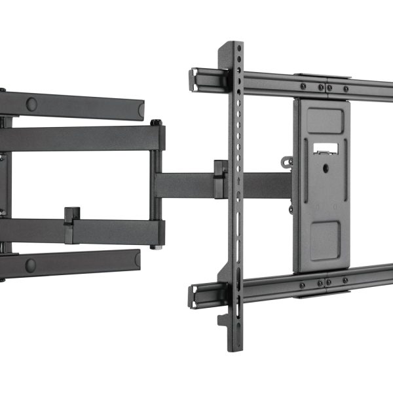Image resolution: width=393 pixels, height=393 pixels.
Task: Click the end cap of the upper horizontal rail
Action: click(x=195, y=79)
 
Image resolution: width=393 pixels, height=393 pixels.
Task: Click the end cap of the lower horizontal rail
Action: click(x=195, y=296)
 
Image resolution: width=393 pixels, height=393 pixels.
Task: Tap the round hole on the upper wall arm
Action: click(x=31, y=103)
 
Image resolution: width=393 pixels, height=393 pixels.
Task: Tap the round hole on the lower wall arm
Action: click(x=30, y=265)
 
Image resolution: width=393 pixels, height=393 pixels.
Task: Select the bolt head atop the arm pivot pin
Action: click(x=155, y=122)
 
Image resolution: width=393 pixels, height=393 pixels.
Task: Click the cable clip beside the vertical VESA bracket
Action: click(x=220, y=178)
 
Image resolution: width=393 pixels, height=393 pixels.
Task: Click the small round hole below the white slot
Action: click(x=326, y=168)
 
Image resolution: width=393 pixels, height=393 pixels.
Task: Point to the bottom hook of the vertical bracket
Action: click(x=225, y=320)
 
